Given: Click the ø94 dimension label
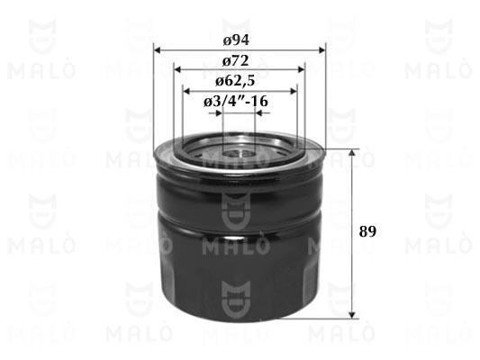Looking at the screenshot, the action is point(236,40).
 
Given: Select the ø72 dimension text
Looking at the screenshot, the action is point(235,61).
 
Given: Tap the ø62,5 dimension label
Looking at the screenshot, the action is point(235,81).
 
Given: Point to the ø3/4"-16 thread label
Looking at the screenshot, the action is point(235,101).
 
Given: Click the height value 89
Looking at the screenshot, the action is point(367,231).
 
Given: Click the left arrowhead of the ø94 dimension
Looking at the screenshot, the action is point(157,50).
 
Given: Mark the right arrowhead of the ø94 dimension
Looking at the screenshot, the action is point(322,50).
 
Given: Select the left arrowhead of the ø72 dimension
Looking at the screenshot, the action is point(177,70).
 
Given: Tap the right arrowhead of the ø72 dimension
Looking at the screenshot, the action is point(301,70).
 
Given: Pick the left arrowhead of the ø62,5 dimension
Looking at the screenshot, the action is point(186,91).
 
